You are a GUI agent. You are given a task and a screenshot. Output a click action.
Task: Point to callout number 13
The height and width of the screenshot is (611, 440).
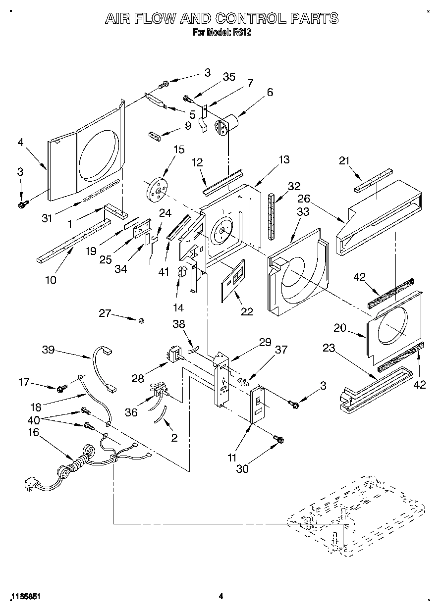tap(284, 159)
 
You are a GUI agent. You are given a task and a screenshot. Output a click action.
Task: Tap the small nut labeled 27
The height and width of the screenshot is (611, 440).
tap(141, 321)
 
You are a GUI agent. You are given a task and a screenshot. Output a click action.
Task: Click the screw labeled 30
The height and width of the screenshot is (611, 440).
tap(278, 439)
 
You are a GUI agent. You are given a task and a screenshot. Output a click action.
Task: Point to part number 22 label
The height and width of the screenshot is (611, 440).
tap(246, 311)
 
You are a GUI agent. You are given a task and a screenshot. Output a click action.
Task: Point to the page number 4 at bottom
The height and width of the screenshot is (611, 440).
tap(220, 596)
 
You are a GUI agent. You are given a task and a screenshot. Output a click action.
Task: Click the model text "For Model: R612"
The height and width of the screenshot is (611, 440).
tap(219, 33)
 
